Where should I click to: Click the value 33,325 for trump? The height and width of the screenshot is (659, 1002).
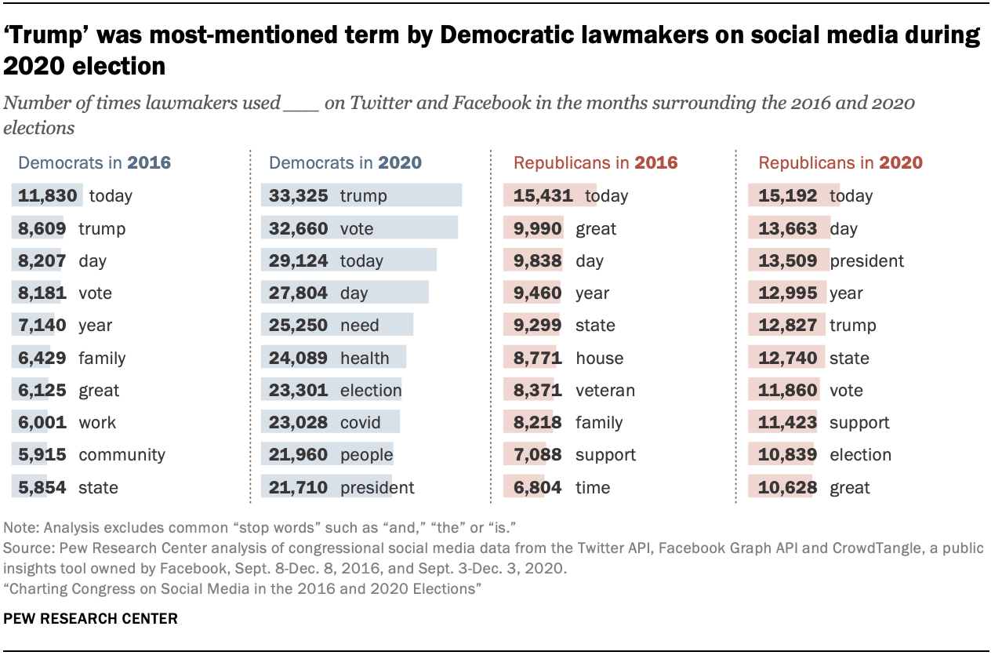[x=298, y=196]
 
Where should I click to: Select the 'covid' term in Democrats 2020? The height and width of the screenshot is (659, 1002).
[x=360, y=423]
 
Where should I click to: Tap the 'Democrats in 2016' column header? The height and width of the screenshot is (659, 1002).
[x=94, y=163]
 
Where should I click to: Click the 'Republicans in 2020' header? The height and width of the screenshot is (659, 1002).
[x=840, y=163]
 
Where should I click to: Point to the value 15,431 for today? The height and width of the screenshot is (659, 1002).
[x=543, y=196]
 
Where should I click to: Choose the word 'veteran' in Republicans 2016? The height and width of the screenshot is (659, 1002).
[x=605, y=391]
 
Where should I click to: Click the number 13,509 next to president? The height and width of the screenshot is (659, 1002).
[x=788, y=261]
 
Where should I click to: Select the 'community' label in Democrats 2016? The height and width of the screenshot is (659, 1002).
[x=122, y=455]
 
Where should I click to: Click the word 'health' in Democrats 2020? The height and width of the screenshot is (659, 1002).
[x=365, y=359]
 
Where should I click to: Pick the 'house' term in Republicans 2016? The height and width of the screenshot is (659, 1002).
[x=600, y=359]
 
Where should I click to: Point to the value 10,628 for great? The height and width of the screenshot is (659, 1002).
[x=788, y=488]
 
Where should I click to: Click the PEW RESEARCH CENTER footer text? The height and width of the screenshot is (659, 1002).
[x=91, y=619]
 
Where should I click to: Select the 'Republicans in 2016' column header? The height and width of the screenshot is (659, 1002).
[x=595, y=163]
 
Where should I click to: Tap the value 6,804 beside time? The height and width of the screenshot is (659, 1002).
[x=538, y=488]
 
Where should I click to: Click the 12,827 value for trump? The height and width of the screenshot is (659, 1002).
[x=788, y=326]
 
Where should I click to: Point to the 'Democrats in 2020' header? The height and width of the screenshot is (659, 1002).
[x=345, y=163]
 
